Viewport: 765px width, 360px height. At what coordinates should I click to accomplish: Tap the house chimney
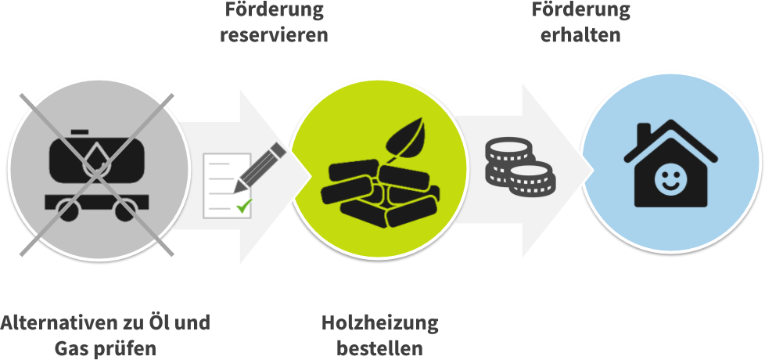tap(642, 134)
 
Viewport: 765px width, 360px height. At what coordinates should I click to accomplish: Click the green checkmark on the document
tap(244, 207)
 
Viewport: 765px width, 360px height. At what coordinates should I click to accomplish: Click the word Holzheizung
tap(379, 322)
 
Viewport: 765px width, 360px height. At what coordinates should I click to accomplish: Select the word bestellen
tap(379, 347)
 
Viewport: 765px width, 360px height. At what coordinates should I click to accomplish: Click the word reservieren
tap(274, 35)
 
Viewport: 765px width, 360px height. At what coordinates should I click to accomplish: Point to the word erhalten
tap(580, 35)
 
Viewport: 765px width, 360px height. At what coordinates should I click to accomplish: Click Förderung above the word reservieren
tap(274, 10)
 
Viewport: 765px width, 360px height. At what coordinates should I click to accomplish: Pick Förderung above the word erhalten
tap(580, 10)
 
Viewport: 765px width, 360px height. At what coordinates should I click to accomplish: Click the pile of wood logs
tap(368, 193)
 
